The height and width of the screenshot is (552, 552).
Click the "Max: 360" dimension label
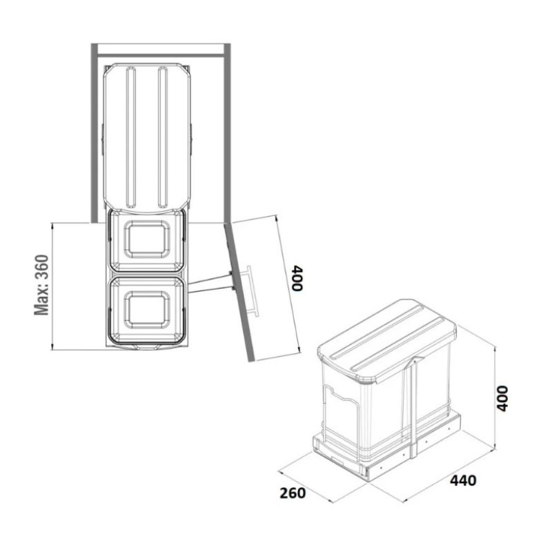click(41, 285)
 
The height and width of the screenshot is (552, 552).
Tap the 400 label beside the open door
click(298, 279)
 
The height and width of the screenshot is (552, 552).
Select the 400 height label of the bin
click(502, 399)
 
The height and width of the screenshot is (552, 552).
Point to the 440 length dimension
click(463, 480)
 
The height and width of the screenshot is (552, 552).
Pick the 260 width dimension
click(293, 493)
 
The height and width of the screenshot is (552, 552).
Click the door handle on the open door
click(252, 290)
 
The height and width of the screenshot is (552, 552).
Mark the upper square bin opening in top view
click(147, 239)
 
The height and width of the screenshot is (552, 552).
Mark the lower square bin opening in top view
click(147, 309)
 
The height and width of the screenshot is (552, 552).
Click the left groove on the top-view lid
click(130, 137)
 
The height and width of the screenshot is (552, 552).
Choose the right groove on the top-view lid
click(163, 137)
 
